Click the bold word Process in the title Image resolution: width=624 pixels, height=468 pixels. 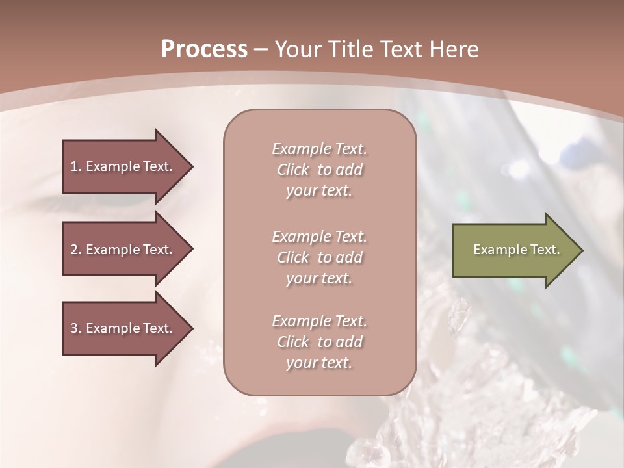(204, 49)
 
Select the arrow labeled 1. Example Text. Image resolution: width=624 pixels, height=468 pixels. (123, 166)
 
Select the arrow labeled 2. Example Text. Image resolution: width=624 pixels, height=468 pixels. (123, 250)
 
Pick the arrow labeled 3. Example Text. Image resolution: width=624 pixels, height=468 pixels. (123, 328)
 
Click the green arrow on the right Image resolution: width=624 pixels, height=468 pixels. (513, 250)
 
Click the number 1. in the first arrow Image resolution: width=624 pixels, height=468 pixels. (75, 166)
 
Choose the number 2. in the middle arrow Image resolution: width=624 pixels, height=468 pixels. (75, 250)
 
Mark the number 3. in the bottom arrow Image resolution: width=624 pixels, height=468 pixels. (75, 328)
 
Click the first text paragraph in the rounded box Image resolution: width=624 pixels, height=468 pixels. (319, 170)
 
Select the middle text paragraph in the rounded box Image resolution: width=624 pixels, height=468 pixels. (319, 257)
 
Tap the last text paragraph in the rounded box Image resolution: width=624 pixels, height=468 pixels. (319, 342)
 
